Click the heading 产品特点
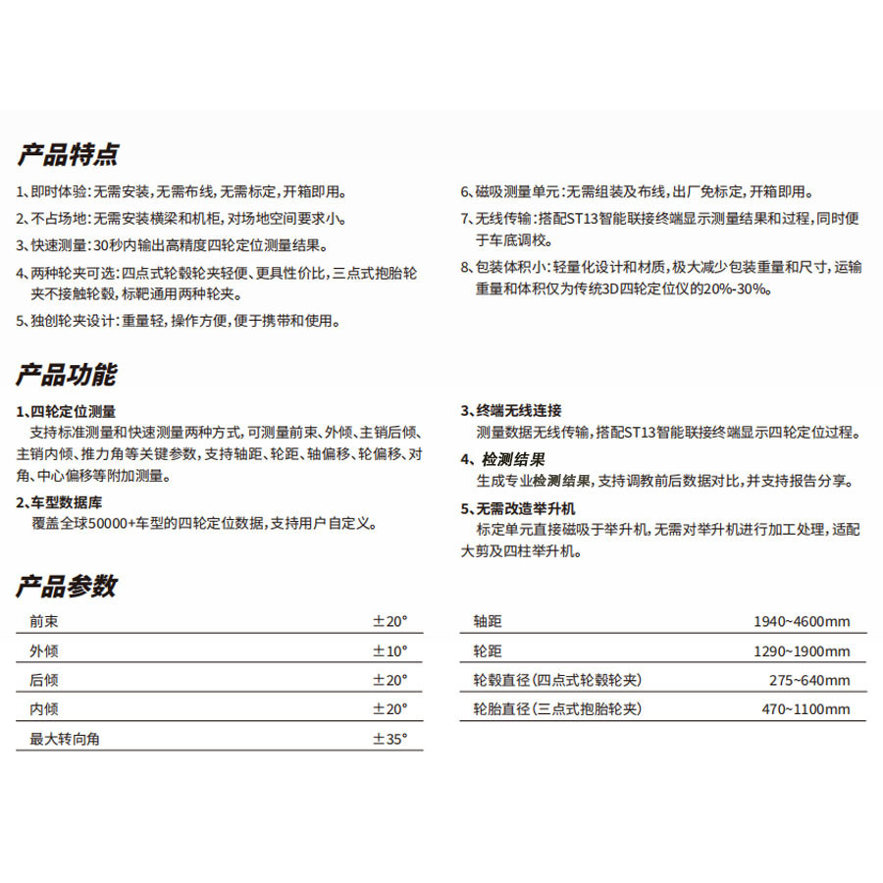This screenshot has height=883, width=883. pyautogui.click(x=68, y=155)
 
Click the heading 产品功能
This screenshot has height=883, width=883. pyautogui.click(x=66, y=375)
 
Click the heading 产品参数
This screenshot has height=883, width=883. pyautogui.click(x=66, y=587)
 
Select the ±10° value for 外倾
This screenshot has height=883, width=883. pyautogui.click(x=390, y=650)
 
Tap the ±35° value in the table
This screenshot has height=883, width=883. pyautogui.click(x=390, y=739)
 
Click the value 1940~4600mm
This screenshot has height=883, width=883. pyautogui.click(x=802, y=622)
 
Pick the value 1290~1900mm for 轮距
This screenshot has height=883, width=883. pyautogui.click(x=802, y=651)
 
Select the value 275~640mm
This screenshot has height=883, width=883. pyautogui.click(x=809, y=681)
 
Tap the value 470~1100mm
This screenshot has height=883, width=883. pyautogui.click(x=805, y=709)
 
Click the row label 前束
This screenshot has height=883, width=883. pyautogui.click(x=44, y=621)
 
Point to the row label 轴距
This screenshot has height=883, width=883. pyautogui.click(x=488, y=622)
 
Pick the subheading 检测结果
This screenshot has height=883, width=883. pyautogui.click(x=513, y=459)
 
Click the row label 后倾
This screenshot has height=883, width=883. pyautogui.click(x=44, y=680)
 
